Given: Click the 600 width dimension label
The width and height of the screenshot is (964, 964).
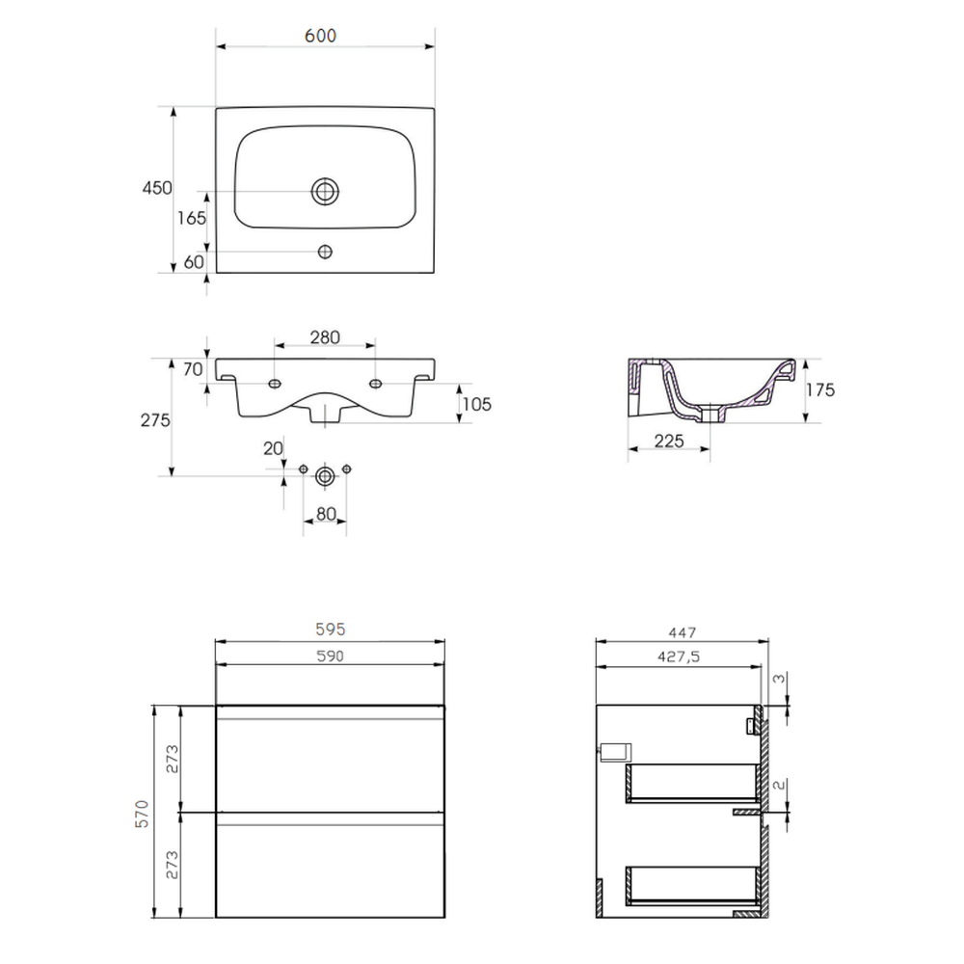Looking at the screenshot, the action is pyautogui.click(x=320, y=36).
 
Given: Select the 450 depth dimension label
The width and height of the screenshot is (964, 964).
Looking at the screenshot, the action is pyautogui.click(x=157, y=188).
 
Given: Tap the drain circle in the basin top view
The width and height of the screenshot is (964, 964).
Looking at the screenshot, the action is pyautogui.click(x=325, y=191).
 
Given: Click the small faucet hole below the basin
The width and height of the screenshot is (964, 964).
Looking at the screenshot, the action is pyautogui.click(x=325, y=252).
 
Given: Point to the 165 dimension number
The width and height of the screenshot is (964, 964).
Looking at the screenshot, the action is pyautogui.click(x=192, y=218).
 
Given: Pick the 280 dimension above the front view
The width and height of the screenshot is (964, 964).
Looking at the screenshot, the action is pyautogui.click(x=325, y=337).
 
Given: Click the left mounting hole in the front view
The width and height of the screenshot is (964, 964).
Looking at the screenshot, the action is pyautogui.click(x=275, y=384).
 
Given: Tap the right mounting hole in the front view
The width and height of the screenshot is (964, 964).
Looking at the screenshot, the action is pyautogui.click(x=375, y=384).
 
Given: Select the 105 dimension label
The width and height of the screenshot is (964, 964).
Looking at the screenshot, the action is pyautogui.click(x=477, y=404).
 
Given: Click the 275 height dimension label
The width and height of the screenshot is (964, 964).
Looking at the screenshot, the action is pyautogui.click(x=155, y=420).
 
